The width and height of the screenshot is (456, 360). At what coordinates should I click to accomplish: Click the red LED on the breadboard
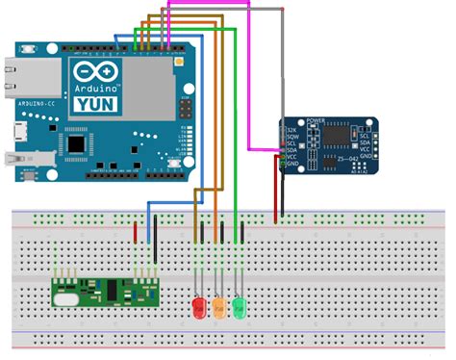click(x=199, y=309)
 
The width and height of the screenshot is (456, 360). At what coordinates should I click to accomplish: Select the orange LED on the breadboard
click(x=219, y=309)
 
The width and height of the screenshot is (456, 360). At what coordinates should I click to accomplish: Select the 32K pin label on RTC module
click(x=292, y=131)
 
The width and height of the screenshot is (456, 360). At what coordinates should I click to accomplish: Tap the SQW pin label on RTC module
click(x=292, y=139)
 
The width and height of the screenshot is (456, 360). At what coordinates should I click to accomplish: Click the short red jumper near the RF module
click(x=135, y=231)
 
